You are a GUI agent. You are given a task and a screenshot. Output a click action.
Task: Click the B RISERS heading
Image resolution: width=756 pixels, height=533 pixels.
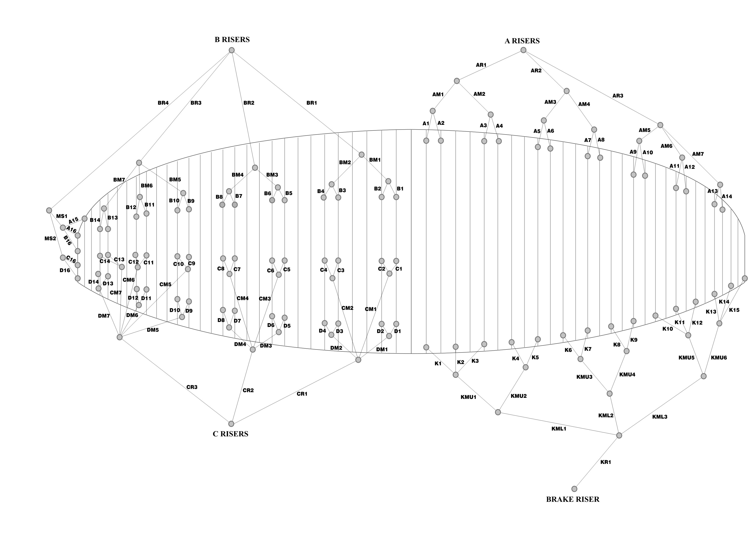(232, 40)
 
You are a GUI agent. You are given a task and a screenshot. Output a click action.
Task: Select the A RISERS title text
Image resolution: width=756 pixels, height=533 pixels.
(522, 41)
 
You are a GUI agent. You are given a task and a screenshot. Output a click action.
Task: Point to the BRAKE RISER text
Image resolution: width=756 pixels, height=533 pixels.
(573, 499)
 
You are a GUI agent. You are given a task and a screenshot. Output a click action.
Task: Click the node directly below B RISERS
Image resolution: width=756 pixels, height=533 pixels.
(231, 50)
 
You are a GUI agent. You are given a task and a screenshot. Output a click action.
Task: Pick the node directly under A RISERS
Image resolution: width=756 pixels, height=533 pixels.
(523, 50)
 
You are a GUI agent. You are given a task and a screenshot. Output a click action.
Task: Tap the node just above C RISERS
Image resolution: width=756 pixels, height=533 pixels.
(231, 424)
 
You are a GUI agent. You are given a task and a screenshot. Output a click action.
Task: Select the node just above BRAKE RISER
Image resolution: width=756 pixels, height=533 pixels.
(574, 489)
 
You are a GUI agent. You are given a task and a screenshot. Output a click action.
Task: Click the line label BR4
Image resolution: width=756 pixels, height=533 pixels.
(163, 103)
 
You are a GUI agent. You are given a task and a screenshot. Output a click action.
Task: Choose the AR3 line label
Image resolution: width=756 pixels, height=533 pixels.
(618, 96)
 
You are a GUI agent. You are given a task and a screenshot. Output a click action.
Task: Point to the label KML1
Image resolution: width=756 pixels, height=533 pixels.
(559, 429)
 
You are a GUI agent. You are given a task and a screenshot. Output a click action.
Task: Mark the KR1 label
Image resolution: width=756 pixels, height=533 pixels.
(606, 462)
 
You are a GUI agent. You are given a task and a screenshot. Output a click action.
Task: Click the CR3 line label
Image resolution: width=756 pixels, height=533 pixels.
(192, 387)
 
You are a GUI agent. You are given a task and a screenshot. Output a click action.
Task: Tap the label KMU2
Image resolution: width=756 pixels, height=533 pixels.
(519, 396)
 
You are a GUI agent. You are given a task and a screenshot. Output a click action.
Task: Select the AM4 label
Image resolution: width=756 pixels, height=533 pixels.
(584, 104)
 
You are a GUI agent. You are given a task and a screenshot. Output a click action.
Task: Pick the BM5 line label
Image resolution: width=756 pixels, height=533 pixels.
(175, 180)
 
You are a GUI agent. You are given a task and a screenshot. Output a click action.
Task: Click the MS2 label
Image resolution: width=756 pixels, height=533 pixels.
(50, 238)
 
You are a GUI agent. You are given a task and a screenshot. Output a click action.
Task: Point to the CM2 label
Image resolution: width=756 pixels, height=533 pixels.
(347, 308)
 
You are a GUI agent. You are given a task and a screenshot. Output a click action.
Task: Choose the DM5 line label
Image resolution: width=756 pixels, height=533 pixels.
(153, 330)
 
